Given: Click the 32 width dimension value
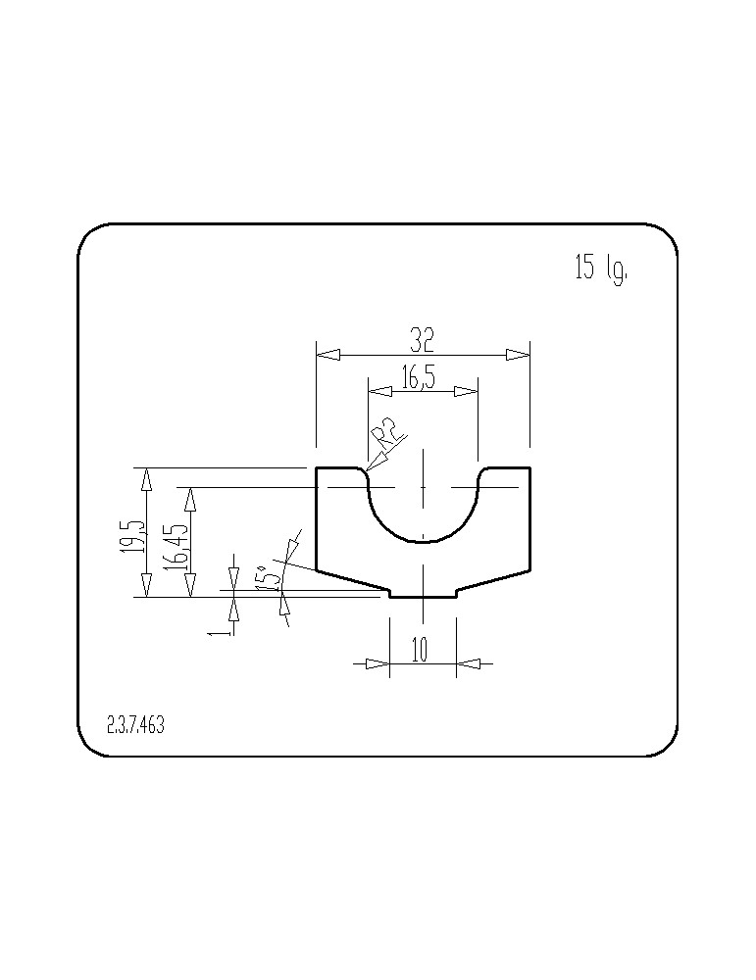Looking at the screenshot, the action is pos(422,339).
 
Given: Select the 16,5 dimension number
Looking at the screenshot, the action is pos(419,378).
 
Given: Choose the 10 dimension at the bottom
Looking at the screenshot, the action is pos(421,650).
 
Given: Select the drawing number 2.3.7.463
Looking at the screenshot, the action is pos(135,725).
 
